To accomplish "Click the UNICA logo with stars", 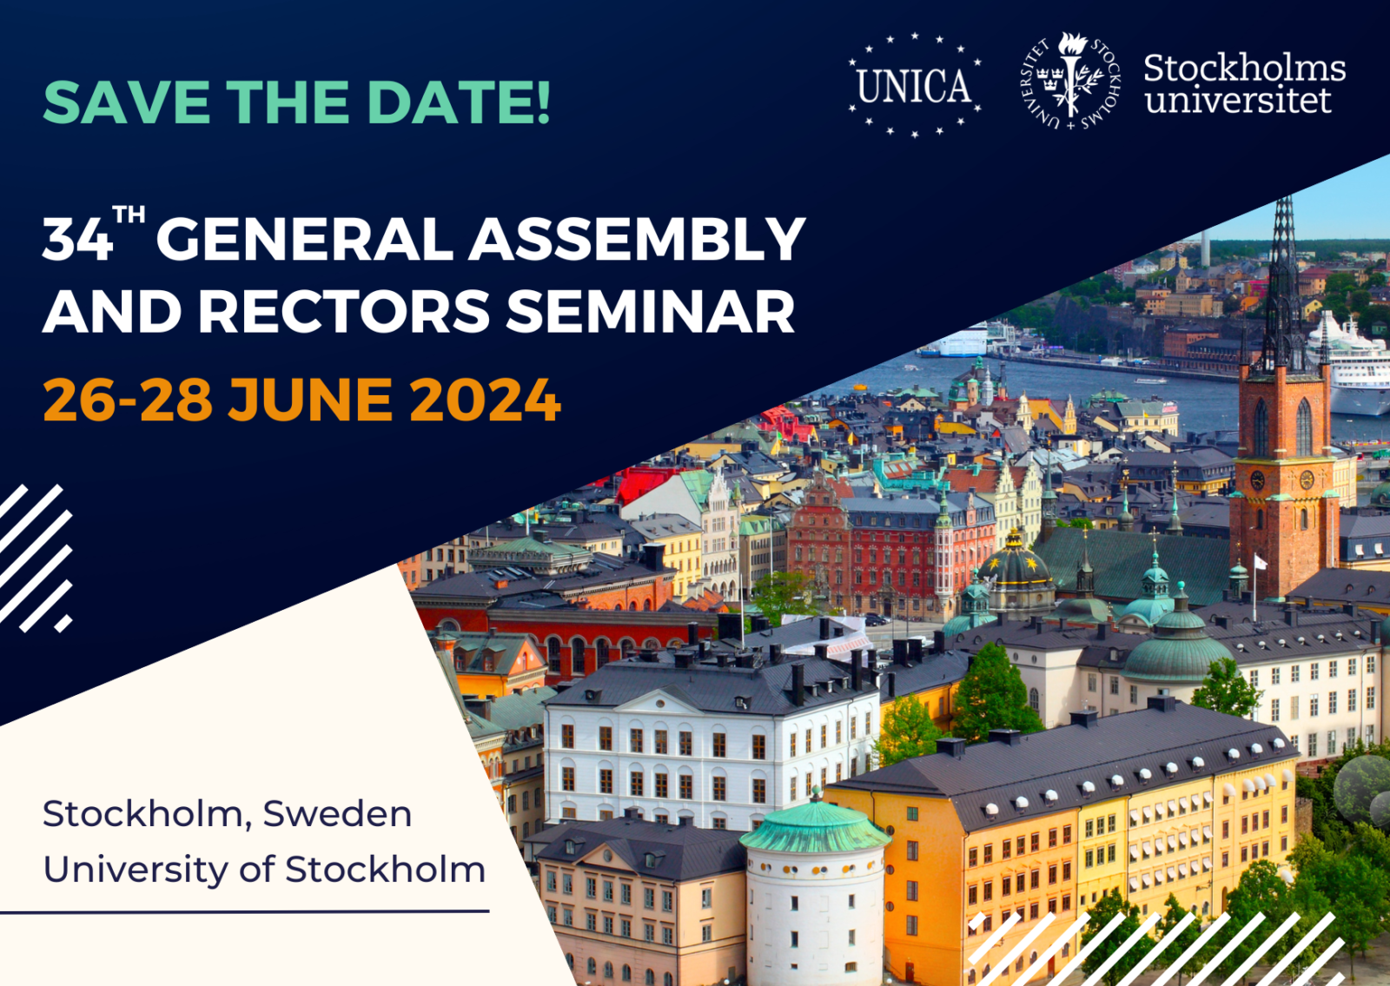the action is [x=915, y=85].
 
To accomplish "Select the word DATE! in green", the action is [x=458, y=102].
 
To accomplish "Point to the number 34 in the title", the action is [x=77, y=242].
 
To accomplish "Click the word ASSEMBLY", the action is [x=637, y=240].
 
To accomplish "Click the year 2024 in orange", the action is [x=485, y=400].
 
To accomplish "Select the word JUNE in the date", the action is [x=309, y=400].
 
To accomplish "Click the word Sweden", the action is [x=337, y=814].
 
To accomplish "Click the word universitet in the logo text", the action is [x=1238, y=100].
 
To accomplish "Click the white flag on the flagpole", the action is [x=1261, y=562].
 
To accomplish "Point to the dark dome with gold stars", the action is [x=1016, y=561].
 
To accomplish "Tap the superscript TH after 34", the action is [x=129, y=215].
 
